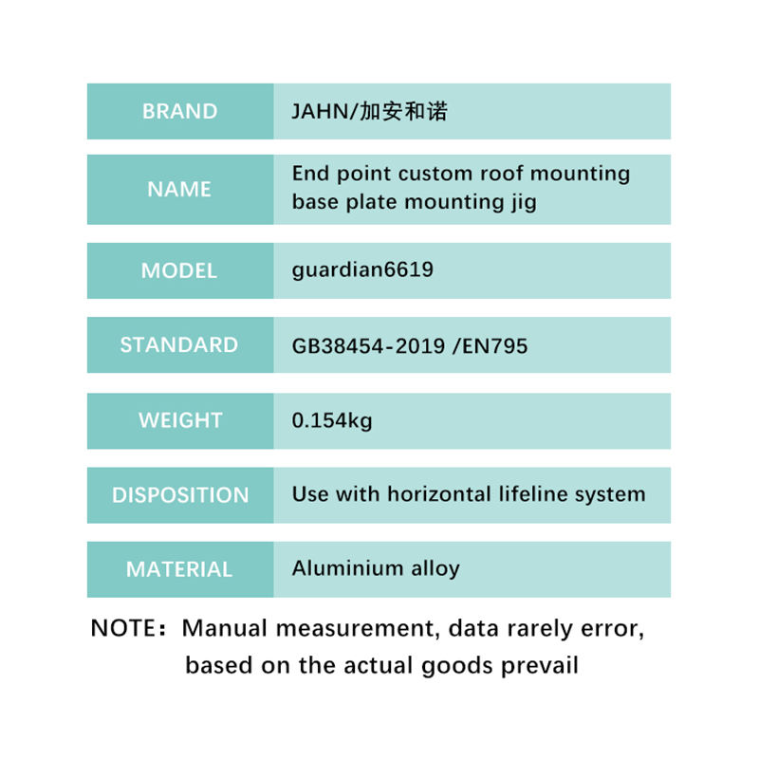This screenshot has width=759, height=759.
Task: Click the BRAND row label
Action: click(x=179, y=111)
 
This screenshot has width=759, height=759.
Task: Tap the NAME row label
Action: click(x=179, y=189)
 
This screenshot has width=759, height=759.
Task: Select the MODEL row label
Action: click(x=179, y=270)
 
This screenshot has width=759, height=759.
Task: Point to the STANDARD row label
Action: click(x=179, y=345)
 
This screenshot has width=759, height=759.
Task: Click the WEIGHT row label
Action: click(x=180, y=420)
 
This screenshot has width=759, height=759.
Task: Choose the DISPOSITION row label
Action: click(x=180, y=495)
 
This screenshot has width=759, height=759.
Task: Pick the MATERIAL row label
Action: click(x=179, y=569)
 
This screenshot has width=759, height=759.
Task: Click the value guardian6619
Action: click(x=362, y=270)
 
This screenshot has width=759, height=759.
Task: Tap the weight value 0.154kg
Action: click(x=332, y=420)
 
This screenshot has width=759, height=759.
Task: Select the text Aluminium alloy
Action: click(x=376, y=568)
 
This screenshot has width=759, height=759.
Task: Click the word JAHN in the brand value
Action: click(x=320, y=112)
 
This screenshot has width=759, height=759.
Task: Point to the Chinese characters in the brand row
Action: click(x=404, y=111)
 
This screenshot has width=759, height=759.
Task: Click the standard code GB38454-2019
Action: click(x=368, y=346)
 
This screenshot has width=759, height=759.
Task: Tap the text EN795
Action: click(x=494, y=346)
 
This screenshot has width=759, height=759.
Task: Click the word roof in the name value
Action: click(x=502, y=174)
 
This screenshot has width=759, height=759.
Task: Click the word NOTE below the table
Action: click(x=122, y=628)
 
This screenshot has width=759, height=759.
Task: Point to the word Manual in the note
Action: click(x=225, y=628)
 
